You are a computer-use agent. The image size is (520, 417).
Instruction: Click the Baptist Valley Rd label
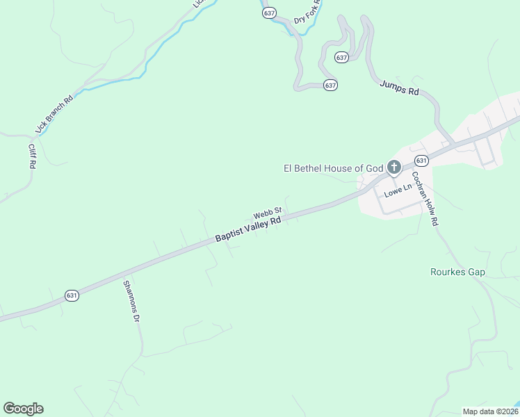[x=247, y=229]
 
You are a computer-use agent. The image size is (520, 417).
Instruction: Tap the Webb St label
[x=267, y=212]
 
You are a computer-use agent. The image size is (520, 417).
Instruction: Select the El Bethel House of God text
[x=334, y=167]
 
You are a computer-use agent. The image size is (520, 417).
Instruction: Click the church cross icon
[x=394, y=167]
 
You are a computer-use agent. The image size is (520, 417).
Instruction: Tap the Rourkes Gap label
[x=457, y=272]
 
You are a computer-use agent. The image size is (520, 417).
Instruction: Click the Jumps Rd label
[x=400, y=88]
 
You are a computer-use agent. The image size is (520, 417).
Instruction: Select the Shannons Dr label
[x=131, y=300]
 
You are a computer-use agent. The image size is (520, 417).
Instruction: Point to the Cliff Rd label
[x=31, y=157]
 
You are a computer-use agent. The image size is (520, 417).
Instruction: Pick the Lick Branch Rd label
[x=54, y=114]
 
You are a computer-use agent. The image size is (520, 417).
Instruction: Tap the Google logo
[x=23, y=409]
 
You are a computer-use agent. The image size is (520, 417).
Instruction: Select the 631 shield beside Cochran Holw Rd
[x=421, y=161]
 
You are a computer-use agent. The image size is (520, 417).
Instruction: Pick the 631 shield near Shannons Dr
[x=72, y=295]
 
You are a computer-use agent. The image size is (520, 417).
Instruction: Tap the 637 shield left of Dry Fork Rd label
[x=270, y=13]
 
